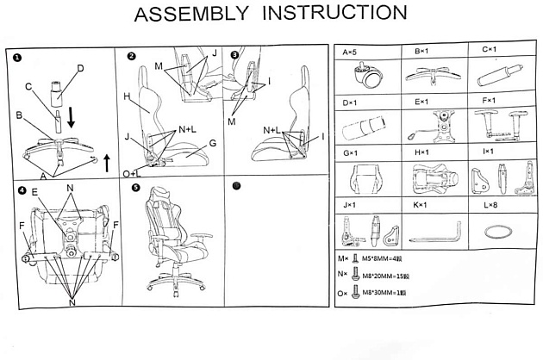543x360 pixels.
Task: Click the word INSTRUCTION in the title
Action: [334, 15]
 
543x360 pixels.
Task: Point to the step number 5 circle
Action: [135, 187]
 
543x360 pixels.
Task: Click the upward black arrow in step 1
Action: [106, 161]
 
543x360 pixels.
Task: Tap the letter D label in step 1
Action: [80, 68]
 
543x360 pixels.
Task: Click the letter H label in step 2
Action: [126, 97]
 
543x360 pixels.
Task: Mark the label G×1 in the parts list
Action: [350, 153]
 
